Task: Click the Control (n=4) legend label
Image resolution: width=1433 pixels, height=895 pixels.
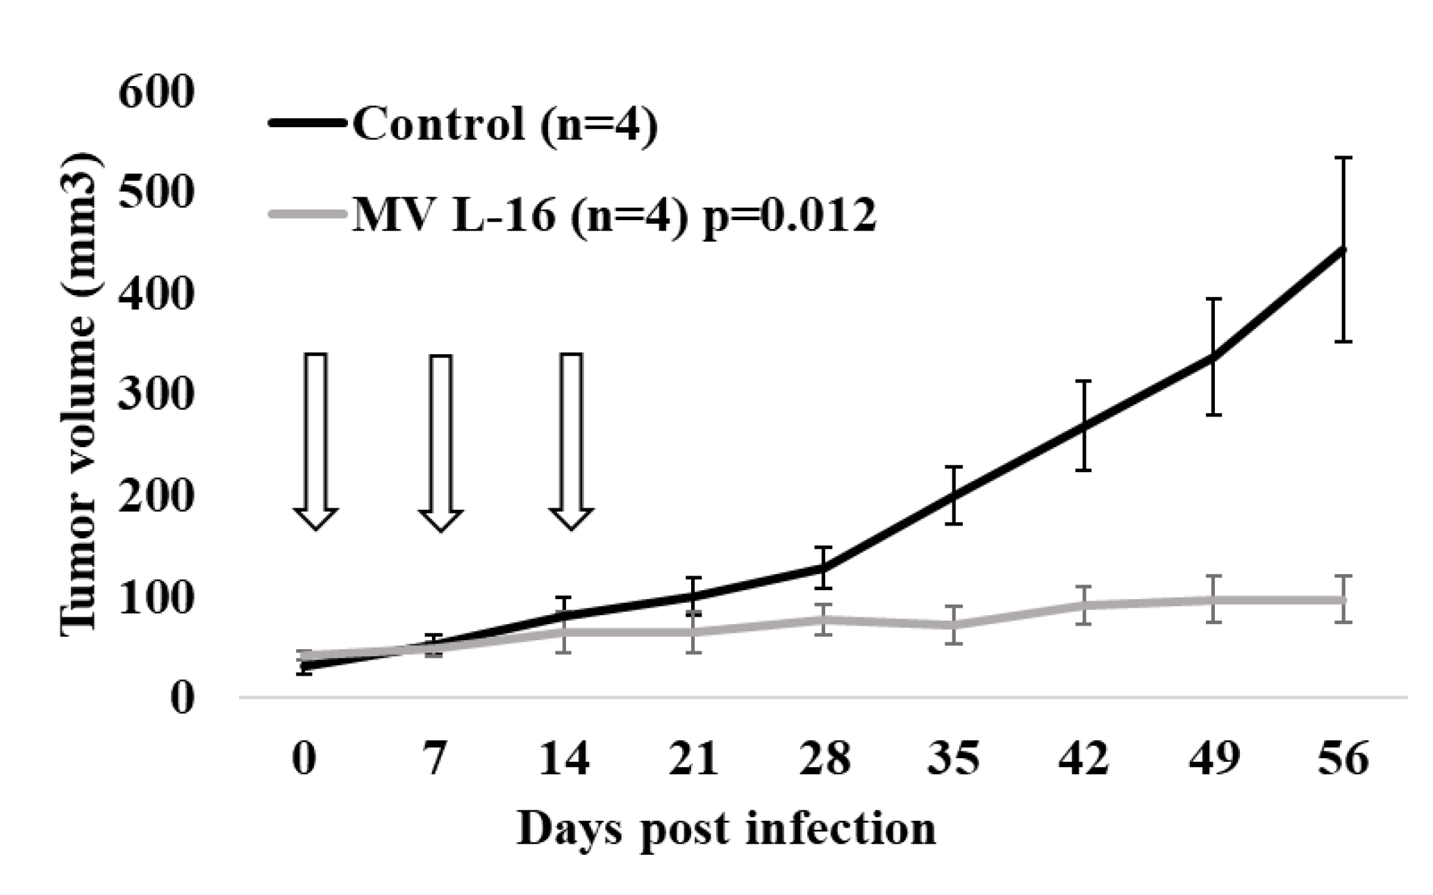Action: (x=504, y=125)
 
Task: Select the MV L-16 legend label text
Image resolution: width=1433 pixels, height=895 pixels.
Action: (x=614, y=215)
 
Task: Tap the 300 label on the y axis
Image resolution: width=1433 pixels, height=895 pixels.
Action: (x=154, y=395)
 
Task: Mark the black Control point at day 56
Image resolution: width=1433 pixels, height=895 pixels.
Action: (x=1344, y=250)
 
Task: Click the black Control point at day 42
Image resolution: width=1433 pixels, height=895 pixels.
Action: (x=1084, y=426)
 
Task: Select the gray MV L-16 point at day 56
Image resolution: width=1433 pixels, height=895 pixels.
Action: (x=1344, y=599)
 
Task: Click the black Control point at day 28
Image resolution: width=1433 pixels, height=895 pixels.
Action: (x=824, y=568)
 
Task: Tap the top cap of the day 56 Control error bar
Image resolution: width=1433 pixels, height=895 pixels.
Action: (x=1344, y=158)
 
